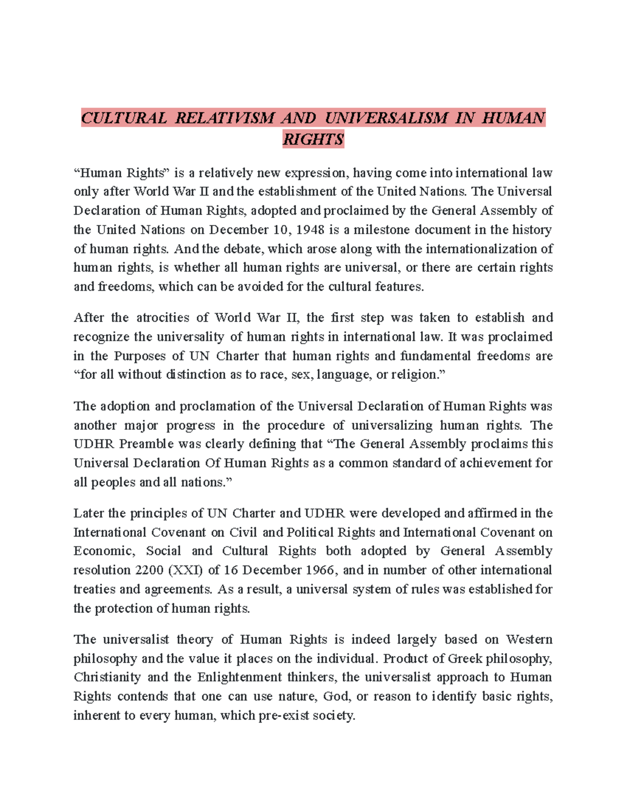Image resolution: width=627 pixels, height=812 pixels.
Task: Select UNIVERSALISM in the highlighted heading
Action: [x=386, y=118]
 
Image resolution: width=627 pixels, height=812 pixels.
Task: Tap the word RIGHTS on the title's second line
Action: [x=313, y=140]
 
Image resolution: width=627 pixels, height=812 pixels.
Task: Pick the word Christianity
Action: [x=107, y=677]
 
